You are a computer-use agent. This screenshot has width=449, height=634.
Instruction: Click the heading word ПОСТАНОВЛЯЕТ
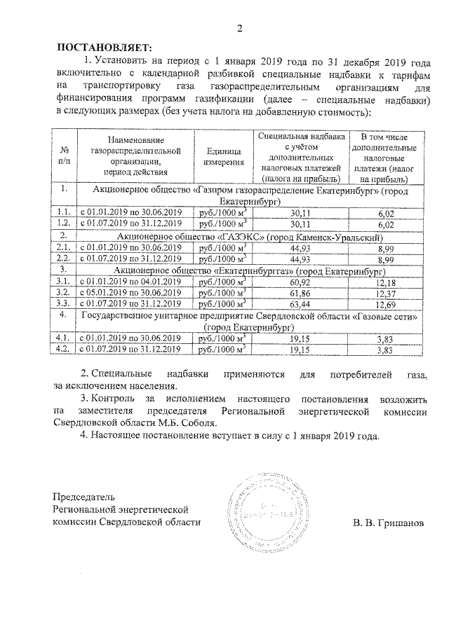[104, 48]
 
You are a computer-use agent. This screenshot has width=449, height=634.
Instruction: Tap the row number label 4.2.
[64, 348]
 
